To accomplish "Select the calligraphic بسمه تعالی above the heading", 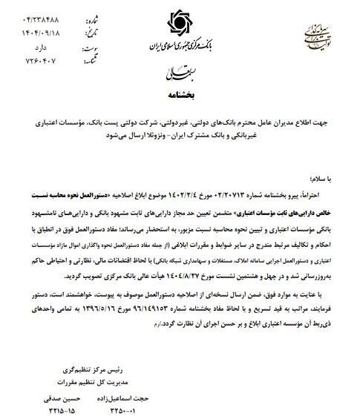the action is pos(178,73).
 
